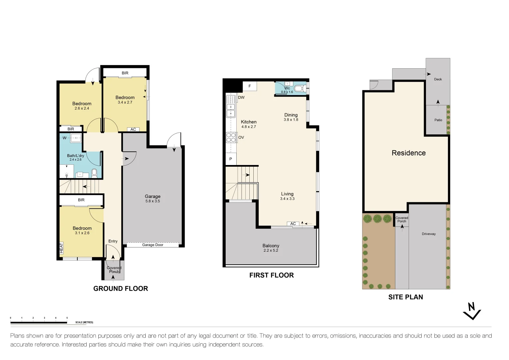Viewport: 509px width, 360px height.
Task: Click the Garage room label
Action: [152, 196]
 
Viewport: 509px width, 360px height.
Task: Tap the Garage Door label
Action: [153, 245]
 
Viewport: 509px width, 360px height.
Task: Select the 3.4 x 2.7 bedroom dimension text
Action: [125, 102]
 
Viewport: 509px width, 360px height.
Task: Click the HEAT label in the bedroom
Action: [61, 248]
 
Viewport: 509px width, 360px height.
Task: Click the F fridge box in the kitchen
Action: [250, 86]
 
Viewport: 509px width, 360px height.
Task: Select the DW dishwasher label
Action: [241, 98]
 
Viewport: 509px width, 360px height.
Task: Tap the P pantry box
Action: [231, 159]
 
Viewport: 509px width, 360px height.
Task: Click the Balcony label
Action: [271, 246]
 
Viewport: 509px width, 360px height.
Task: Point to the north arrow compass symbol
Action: [472, 311]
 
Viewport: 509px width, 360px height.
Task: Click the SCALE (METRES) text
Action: [84, 322]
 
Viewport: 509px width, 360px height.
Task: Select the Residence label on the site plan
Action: [409, 153]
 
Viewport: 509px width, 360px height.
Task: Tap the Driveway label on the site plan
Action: [429, 234]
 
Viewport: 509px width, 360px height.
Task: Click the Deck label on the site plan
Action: [438, 79]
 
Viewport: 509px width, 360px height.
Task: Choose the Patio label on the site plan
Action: [438, 120]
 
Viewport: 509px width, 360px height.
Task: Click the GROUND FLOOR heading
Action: [121, 289]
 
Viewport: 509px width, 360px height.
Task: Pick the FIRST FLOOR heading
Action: [272, 275]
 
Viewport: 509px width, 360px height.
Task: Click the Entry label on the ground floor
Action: [113, 241]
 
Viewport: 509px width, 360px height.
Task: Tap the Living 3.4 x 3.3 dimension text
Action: [287, 199]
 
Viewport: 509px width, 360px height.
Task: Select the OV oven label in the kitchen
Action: [241, 137]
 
